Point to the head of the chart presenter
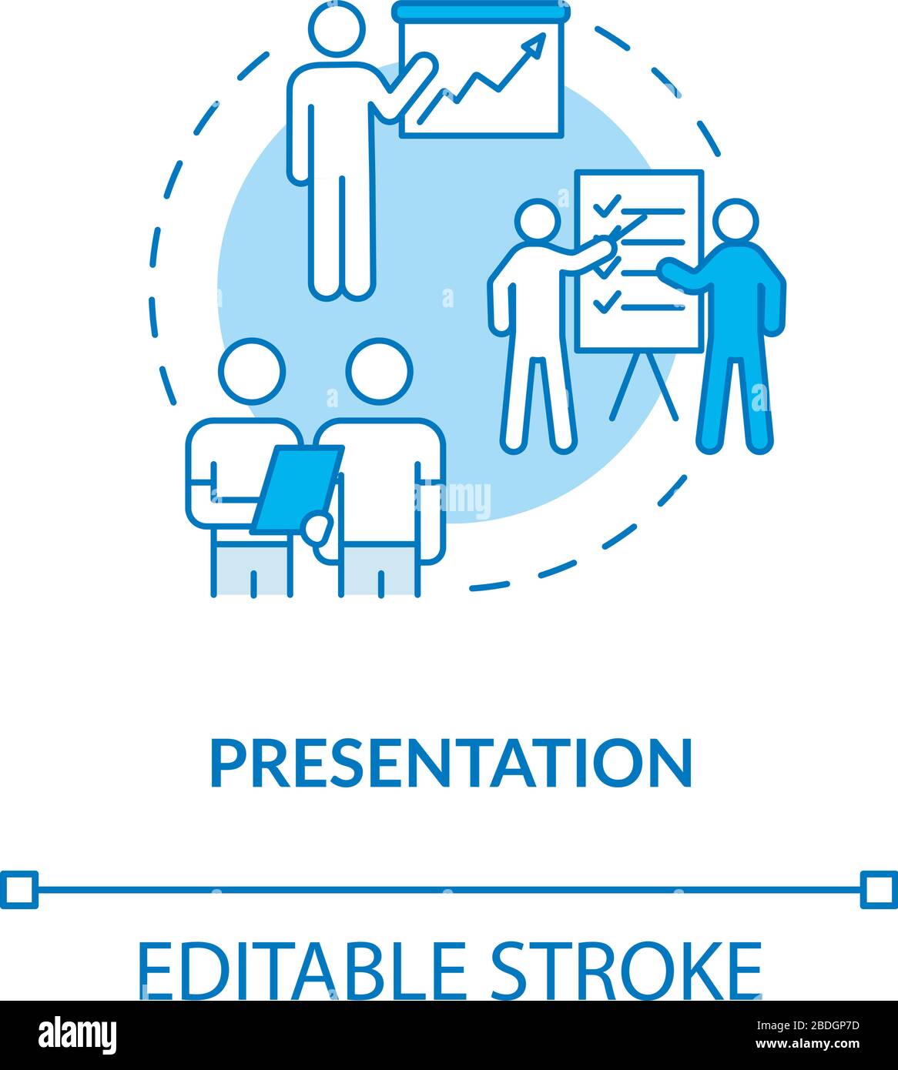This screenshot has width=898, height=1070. click(x=337, y=26)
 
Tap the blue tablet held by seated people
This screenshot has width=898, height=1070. click(x=297, y=489)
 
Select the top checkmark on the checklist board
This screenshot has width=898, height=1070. click(x=605, y=205)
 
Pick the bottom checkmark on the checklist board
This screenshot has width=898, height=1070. click(x=605, y=302)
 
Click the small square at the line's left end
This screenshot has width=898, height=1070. click(x=18, y=890)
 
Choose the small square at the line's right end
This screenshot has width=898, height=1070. click(x=879, y=890)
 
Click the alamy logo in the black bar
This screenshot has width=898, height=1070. click(x=78, y=1034)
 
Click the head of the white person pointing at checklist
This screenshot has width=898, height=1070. click(x=538, y=222)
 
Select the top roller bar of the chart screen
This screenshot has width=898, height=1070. click(x=480, y=11)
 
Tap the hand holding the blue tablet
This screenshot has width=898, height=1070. click(x=317, y=528)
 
